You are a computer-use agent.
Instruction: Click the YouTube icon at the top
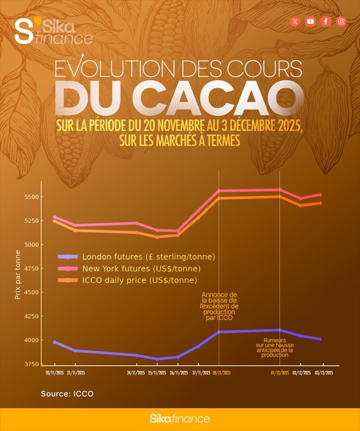311,22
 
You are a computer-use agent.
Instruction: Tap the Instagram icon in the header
341,22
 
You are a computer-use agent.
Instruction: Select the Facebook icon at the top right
326,22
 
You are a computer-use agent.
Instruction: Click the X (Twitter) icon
295,22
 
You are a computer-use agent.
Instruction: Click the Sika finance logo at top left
53,31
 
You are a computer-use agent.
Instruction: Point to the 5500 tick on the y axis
30,197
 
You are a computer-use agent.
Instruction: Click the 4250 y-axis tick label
30,317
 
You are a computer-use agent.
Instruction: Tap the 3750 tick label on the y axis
30,365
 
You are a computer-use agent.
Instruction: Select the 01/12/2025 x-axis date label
280,373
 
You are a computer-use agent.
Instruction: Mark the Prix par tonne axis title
18,275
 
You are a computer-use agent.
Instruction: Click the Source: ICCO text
67,394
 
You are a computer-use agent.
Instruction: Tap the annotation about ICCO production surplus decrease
219,306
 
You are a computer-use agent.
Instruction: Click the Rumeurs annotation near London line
275,347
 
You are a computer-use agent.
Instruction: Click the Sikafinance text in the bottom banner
180,419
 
